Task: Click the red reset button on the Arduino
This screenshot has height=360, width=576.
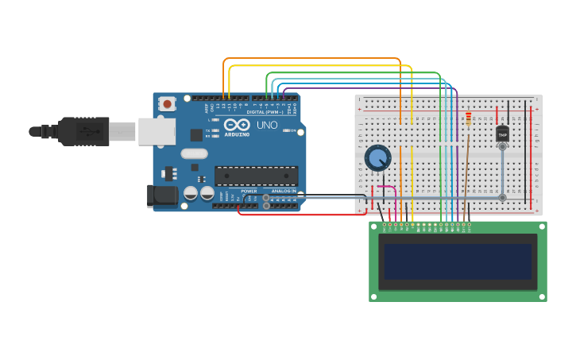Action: pos(167,103)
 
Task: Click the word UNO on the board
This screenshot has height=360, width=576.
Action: pos(267,126)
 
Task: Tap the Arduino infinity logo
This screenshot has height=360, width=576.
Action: pos(237,125)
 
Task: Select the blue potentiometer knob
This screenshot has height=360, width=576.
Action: pos(377,158)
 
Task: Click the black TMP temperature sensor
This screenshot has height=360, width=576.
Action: pos(502,134)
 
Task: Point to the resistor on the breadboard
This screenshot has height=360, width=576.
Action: pos(469,118)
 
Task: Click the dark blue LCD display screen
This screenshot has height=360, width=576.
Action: pos(458,261)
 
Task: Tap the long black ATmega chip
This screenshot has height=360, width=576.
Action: pos(256,176)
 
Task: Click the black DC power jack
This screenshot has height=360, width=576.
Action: pos(163,196)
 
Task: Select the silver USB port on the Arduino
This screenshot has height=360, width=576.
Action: pos(157,132)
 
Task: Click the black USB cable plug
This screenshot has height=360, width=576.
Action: pos(83,131)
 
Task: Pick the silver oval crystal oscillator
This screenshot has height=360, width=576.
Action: pos(194,154)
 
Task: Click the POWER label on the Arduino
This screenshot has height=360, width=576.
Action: pos(249,192)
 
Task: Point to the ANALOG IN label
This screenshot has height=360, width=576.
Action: pos(283,192)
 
